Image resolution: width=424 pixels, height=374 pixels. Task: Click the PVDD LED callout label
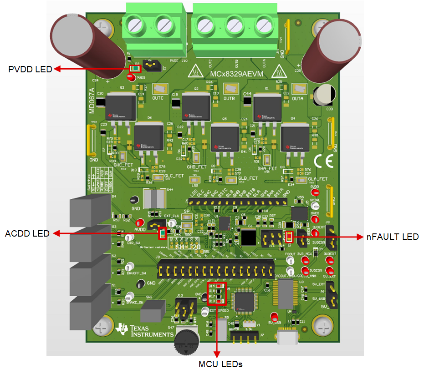[31, 69]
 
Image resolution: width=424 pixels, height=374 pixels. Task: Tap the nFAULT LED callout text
[393, 237]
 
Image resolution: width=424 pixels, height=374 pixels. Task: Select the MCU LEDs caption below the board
[220, 364]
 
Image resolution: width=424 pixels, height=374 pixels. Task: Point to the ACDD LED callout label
[27, 233]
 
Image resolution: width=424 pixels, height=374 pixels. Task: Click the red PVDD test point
[132, 78]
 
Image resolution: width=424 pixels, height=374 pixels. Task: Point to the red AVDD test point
[140, 223]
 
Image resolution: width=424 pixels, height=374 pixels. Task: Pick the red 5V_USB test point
[274, 317]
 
